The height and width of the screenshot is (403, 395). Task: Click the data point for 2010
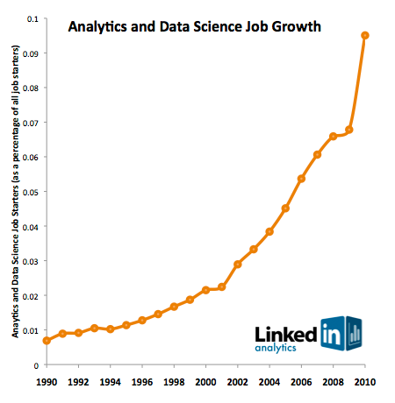(365, 36)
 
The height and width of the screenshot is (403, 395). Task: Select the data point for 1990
(47, 341)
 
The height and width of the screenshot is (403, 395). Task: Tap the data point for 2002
(238, 265)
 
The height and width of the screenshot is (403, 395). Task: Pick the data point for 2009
(349, 130)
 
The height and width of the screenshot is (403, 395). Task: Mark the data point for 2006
(301, 179)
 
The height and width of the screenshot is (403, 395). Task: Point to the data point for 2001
(222, 287)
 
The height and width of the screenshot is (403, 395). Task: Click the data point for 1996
(142, 321)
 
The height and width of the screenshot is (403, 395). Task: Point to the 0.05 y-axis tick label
(29, 192)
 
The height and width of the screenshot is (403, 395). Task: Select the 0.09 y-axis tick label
(29, 53)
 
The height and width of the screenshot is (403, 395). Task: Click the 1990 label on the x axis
(47, 383)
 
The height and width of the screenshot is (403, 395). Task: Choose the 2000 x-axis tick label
(205, 383)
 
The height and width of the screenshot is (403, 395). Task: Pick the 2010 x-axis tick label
(364, 383)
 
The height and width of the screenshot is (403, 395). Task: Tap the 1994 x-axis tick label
(110, 383)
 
